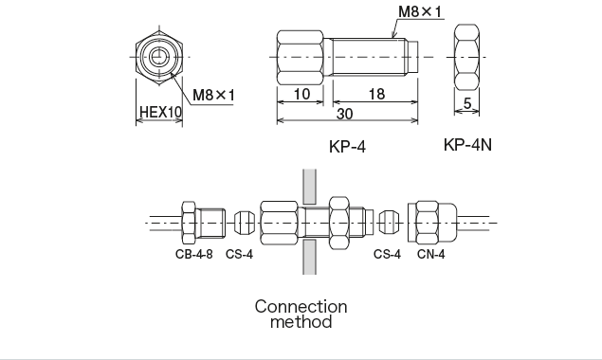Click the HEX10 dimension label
[x=159, y=112]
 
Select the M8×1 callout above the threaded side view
[x=422, y=12]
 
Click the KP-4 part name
[x=347, y=146]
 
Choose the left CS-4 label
[x=239, y=254]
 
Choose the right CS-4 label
[x=387, y=254]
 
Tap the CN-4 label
[x=431, y=254]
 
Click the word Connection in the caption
[x=301, y=307]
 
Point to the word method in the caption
[x=301, y=322]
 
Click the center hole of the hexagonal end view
[x=158, y=57]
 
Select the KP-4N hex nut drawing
[x=468, y=57]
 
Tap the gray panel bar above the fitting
[x=309, y=185]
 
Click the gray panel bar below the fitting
[x=309, y=258]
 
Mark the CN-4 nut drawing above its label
[x=429, y=223]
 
